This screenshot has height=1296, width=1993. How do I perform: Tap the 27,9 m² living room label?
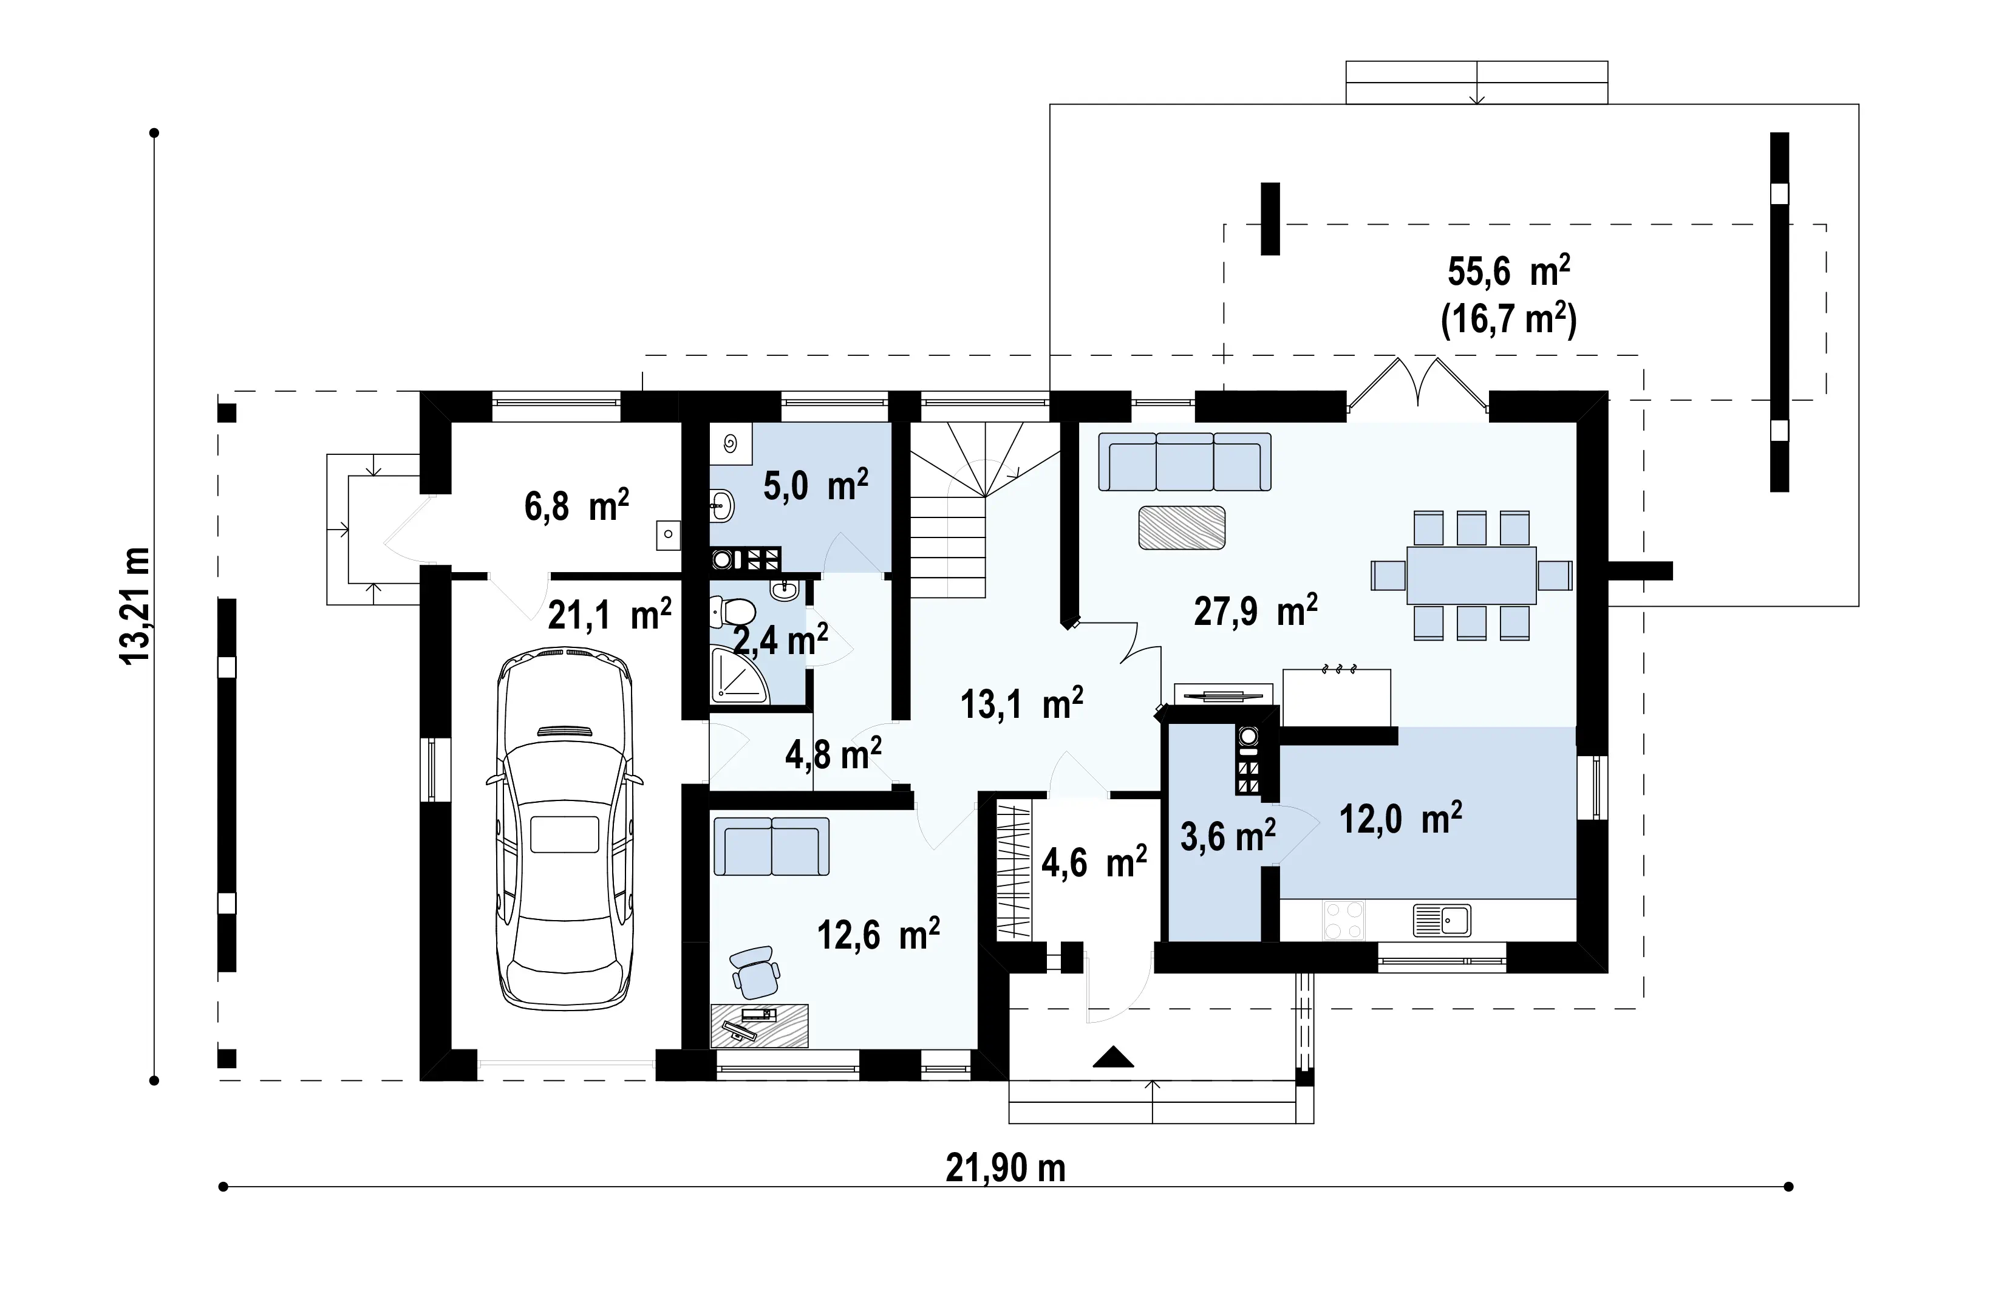click(1255, 610)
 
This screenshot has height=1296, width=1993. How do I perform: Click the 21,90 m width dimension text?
click(1005, 1168)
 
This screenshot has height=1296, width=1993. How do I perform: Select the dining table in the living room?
click(1471, 575)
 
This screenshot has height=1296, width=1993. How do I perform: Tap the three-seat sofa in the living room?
click(1185, 462)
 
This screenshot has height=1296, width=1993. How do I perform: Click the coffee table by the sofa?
click(1182, 527)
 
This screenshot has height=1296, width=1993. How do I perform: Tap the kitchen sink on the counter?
click(1442, 920)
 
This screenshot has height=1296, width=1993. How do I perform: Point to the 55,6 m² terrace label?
click(1509, 271)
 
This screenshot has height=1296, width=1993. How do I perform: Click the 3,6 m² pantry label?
click(1228, 836)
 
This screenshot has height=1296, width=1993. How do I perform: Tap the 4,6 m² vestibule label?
click(1094, 862)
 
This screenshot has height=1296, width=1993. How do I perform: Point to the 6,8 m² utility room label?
click(577, 506)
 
